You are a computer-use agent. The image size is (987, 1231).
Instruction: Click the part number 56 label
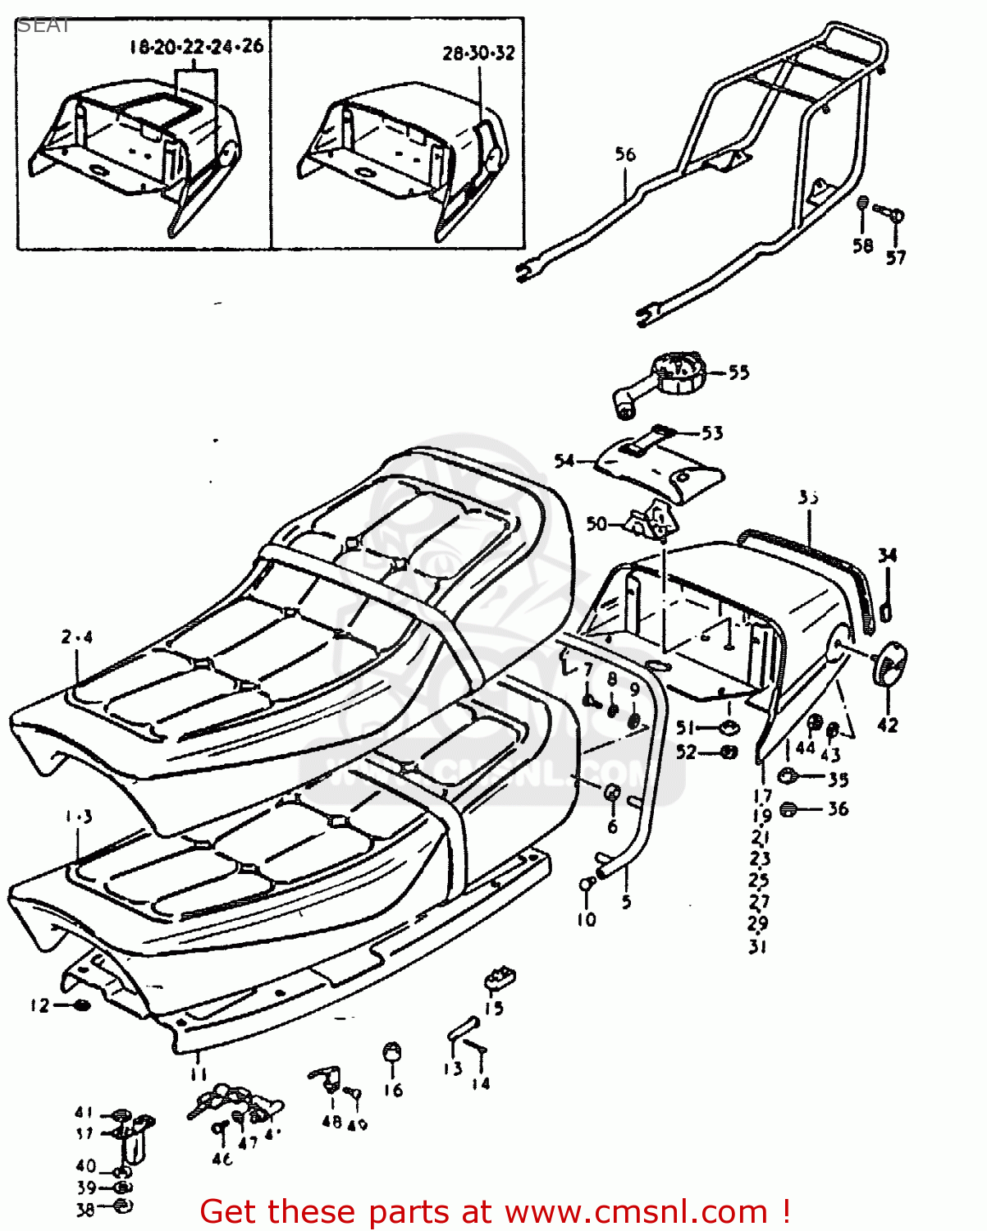[x=625, y=154]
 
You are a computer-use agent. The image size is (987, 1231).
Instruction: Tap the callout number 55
[x=738, y=373]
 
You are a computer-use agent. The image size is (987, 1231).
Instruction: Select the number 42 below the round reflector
[x=888, y=725]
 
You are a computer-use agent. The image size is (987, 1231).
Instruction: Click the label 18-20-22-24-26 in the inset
[x=197, y=47]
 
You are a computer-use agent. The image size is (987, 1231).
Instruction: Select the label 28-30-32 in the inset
[x=478, y=53]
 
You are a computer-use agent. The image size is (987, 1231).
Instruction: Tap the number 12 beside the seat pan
[x=40, y=1005]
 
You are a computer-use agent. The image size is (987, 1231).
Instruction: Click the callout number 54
[x=564, y=461]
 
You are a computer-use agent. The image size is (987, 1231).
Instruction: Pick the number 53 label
[x=712, y=432]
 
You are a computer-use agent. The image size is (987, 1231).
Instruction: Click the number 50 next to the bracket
[x=596, y=524]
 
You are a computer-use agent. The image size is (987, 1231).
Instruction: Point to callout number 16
[x=393, y=1089]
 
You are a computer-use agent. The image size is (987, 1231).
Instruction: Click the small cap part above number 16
[x=392, y=1054]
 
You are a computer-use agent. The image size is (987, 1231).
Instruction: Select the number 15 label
[x=494, y=1009]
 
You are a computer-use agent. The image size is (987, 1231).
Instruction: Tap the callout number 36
[x=837, y=809]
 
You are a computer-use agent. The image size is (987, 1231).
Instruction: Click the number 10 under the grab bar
[x=586, y=919]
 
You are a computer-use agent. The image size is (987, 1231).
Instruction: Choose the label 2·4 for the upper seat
[x=77, y=636]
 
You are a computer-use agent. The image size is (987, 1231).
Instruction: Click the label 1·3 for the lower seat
[x=78, y=817]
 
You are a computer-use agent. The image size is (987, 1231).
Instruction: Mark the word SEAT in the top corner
[x=44, y=25]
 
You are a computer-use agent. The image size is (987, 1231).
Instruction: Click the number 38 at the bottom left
[x=85, y=1209]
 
